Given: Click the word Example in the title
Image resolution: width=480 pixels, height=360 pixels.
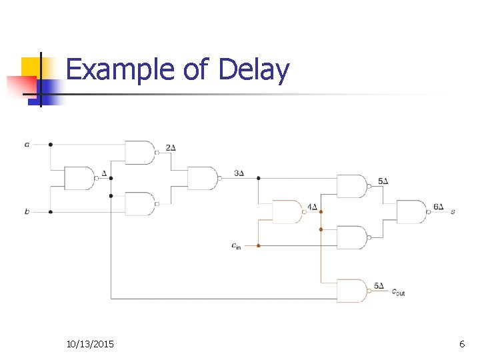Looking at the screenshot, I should [x=119, y=70].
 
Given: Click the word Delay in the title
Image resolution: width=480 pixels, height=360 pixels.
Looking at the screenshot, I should [x=253, y=70].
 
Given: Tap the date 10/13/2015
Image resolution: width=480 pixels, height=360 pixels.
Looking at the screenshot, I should [x=90, y=344].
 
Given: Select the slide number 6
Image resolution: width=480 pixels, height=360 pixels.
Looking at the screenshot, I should [x=462, y=344].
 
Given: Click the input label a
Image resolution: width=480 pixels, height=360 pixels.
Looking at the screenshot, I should [x=27, y=144].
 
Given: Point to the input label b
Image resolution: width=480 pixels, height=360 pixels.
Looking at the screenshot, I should [x=27, y=212].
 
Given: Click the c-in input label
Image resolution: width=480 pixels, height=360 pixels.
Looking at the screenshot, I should [x=236, y=246].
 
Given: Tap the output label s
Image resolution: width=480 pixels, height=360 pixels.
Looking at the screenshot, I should [x=453, y=212].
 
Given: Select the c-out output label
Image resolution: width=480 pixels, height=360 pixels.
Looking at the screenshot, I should [x=398, y=291].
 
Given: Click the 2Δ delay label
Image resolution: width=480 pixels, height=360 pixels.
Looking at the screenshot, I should [x=171, y=147].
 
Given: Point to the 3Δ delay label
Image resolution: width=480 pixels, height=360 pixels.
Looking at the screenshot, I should [x=239, y=173].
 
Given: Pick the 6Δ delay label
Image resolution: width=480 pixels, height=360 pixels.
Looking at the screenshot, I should [x=438, y=207].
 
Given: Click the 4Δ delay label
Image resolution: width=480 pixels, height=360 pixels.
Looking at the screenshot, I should [x=311, y=207].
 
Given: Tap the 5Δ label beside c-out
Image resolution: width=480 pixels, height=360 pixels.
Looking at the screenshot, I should [x=379, y=286].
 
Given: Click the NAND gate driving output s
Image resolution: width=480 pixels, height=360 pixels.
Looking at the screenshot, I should [x=413, y=212].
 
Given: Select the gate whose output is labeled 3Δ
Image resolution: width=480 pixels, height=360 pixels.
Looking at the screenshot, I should [x=203, y=178].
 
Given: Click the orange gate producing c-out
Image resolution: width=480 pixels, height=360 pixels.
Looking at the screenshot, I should [x=351, y=291].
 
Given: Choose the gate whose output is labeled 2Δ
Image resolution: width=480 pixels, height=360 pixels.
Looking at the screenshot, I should [x=141, y=153].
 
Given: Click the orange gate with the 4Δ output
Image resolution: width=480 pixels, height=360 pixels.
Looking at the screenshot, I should [x=287, y=212].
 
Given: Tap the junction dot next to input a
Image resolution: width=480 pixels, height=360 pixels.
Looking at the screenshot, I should [x=51, y=144].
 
